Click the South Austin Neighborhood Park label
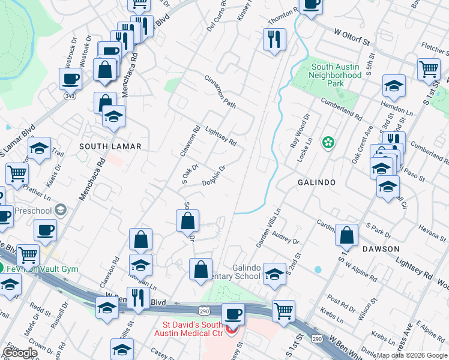point(336,76)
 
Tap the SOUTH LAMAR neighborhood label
point(110,146)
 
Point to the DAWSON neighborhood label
point(380,248)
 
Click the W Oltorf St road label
point(350,37)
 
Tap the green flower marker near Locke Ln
point(328,143)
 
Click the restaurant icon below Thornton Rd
point(274,40)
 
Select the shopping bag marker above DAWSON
point(347,236)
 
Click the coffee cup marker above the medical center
point(232,314)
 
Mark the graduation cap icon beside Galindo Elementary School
point(274,274)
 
